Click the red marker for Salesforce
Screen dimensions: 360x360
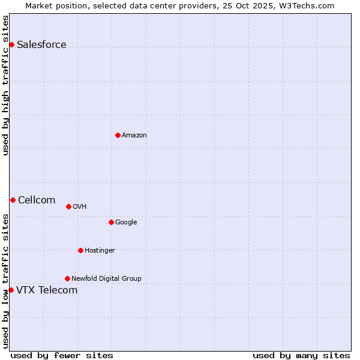(11, 44)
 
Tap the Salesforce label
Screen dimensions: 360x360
(41, 45)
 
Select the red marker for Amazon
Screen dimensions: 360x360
(118, 135)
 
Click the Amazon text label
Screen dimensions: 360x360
(134, 136)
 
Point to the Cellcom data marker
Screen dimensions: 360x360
(13, 200)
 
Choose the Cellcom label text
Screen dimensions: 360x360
(37, 200)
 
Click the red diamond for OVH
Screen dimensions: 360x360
(68, 206)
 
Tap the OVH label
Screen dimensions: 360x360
(79, 207)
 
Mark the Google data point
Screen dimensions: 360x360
(111, 222)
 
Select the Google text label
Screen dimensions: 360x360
(126, 223)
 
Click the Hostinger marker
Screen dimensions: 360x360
(80, 250)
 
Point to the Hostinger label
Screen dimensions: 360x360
(100, 251)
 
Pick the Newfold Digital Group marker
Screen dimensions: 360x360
(67, 278)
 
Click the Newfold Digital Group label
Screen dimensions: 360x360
(106, 279)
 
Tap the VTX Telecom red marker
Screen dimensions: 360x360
(11, 290)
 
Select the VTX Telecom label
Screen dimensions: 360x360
(47, 290)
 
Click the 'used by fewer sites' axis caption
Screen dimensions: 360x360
(62, 356)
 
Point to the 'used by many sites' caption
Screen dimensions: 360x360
(301, 356)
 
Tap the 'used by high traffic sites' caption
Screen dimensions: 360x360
(5, 85)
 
